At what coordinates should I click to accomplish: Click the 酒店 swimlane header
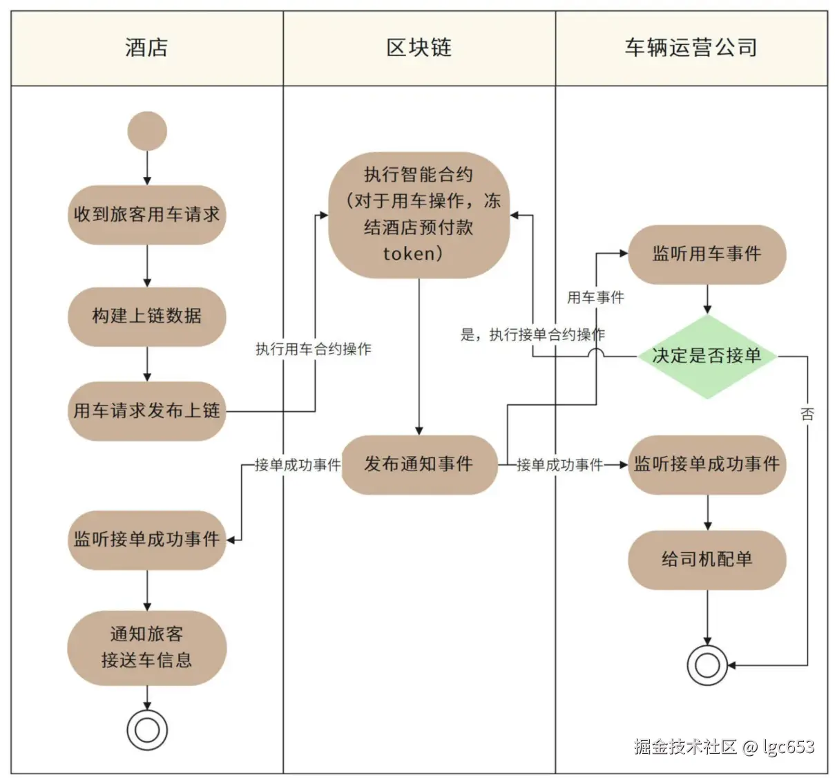(146, 48)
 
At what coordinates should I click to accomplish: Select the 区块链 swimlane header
(419, 48)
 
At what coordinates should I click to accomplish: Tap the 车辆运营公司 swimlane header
(691, 48)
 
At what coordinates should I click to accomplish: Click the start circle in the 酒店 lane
(147, 131)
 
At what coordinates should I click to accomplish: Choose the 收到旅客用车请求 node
(147, 215)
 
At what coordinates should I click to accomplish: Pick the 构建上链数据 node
(147, 316)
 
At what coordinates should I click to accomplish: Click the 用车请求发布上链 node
(147, 411)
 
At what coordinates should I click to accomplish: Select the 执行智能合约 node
(419, 215)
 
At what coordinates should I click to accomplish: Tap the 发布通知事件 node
(419, 464)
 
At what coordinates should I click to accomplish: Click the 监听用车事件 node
(707, 254)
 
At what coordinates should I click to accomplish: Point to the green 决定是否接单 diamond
(707, 357)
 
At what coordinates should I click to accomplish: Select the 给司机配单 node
(707, 560)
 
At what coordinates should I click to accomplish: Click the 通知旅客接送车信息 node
(147, 647)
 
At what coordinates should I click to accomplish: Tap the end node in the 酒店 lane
(147, 730)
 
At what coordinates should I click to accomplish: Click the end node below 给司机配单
(707, 665)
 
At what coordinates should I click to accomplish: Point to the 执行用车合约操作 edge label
(313, 350)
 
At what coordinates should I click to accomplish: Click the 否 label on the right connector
(807, 414)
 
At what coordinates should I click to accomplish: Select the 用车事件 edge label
(595, 298)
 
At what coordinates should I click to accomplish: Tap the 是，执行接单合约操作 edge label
(532, 335)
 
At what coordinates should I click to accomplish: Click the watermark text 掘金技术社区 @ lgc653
(724, 747)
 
